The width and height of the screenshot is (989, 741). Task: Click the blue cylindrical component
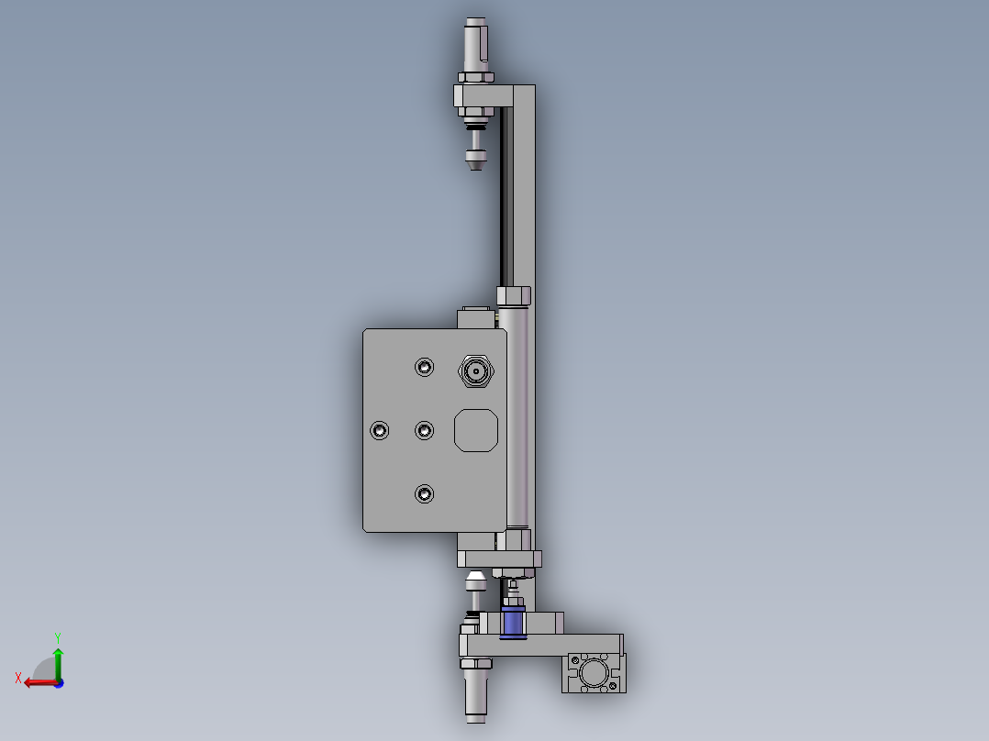[x=513, y=622]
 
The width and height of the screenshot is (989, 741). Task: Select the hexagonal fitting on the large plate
[x=475, y=370]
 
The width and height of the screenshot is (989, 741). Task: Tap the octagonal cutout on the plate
[x=476, y=430]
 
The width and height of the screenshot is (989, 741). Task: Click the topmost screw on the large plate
[x=424, y=367]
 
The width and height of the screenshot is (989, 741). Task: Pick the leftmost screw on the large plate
[x=379, y=430]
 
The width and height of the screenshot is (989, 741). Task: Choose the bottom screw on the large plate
[x=424, y=493]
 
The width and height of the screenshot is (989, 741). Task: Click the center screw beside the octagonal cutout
[x=424, y=430]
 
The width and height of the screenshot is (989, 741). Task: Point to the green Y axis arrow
[x=58, y=663]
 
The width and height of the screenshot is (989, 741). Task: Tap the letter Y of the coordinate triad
[x=58, y=637]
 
